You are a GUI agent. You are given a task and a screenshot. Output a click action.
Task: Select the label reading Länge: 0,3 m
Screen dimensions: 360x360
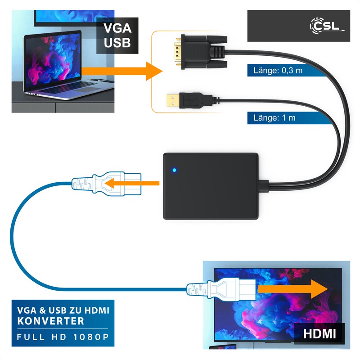click(275, 70)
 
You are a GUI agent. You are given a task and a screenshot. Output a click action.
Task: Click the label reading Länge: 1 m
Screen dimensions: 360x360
click(272, 118)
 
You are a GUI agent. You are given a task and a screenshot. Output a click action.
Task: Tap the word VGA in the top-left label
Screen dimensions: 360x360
click(118, 28)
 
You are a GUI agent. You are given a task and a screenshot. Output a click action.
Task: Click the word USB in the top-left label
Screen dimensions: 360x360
click(118, 43)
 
